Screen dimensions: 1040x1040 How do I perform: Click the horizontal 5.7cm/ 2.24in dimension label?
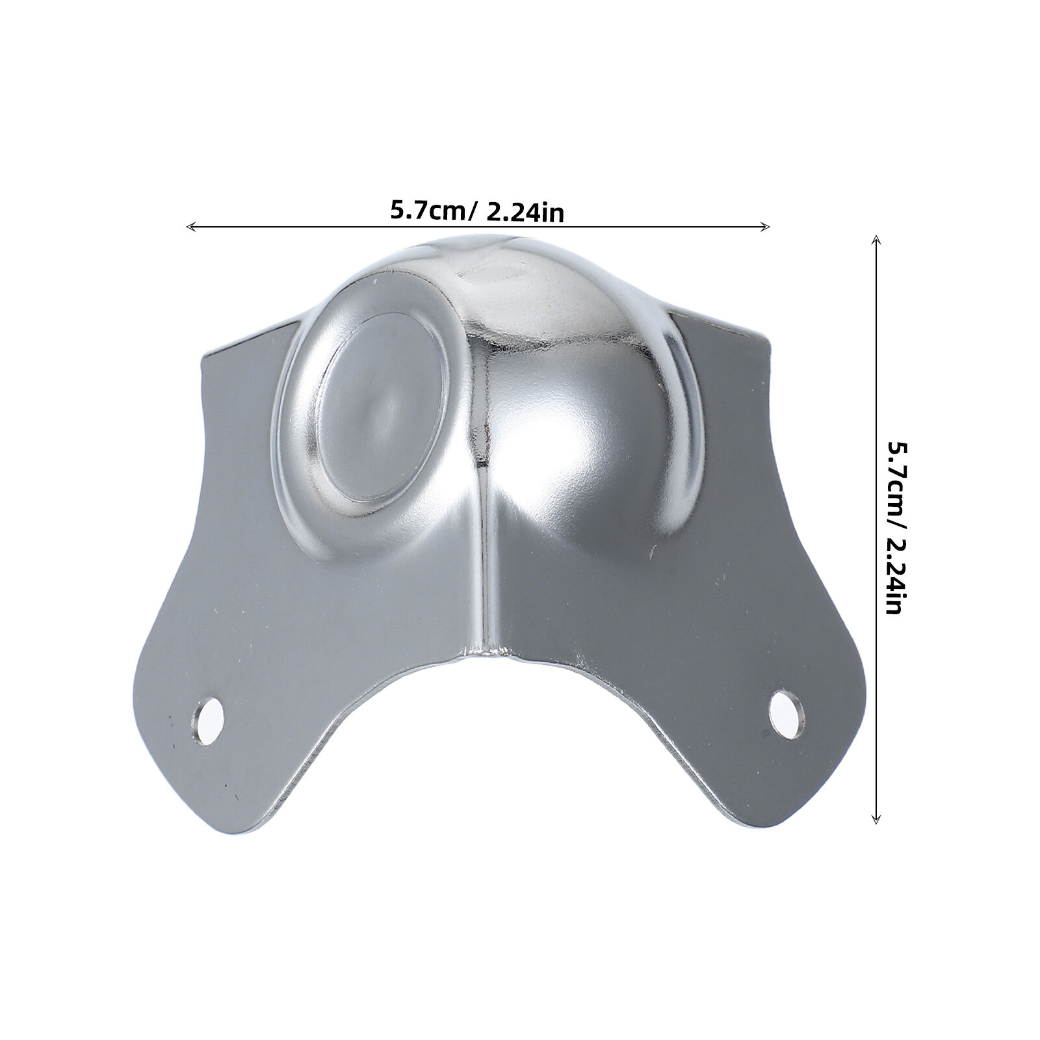click(476, 211)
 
